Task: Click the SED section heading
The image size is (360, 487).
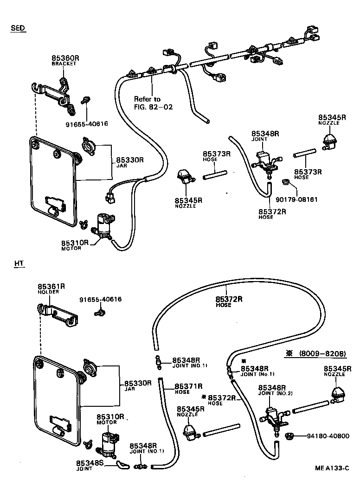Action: [x=18, y=28]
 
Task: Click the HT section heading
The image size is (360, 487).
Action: [x=19, y=263]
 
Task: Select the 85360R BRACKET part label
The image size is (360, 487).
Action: [x=65, y=60]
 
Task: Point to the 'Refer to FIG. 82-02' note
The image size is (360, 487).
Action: [x=153, y=103]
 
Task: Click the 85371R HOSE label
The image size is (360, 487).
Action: [x=188, y=388]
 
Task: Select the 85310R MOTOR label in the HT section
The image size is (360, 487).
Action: [x=109, y=419]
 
